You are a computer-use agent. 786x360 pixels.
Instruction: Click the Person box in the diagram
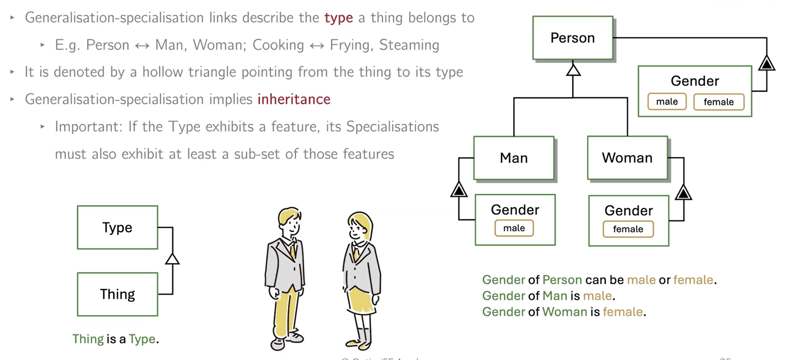click(572, 38)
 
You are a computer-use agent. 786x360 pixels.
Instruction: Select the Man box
click(514, 158)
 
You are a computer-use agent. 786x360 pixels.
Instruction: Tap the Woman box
click(627, 158)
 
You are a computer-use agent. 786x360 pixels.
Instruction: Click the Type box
click(117, 228)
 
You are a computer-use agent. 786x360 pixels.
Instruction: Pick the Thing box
click(117, 294)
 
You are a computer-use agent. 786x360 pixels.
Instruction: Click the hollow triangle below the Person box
click(573, 70)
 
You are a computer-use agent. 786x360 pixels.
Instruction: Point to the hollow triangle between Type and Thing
click(173, 258)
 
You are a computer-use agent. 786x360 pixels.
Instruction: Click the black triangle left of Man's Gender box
click(458, 190)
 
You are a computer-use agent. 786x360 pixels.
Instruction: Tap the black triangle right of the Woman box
click(683, 193)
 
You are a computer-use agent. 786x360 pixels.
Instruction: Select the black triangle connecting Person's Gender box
click(766, 63)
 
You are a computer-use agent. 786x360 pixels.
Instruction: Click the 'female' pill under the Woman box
click(628, 229)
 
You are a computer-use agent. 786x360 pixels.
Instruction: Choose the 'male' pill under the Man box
click(514, 228)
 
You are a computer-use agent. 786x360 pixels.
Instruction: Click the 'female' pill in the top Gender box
click(718, 101)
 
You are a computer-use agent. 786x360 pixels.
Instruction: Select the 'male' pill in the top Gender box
click(667, 101)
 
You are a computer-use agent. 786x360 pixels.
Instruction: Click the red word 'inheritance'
click(294, 99)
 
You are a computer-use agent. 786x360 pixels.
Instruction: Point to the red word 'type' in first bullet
click(338, 18)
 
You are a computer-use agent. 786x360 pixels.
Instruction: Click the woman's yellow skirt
click(361, 299)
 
